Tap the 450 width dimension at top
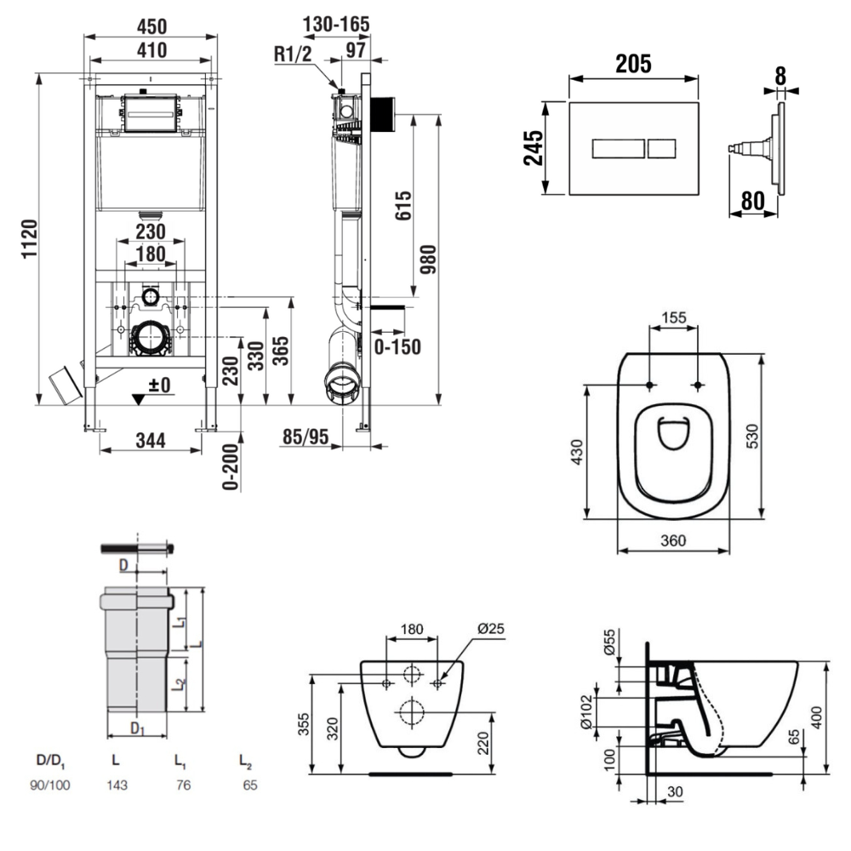(x=151, y=26)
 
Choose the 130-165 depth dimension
(x=337, y=25)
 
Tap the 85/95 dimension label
(x=305, y=437)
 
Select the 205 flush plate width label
(x=633, y=64)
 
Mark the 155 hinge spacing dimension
(x=673, y=318)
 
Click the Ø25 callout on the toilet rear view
(x=491, y=629)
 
